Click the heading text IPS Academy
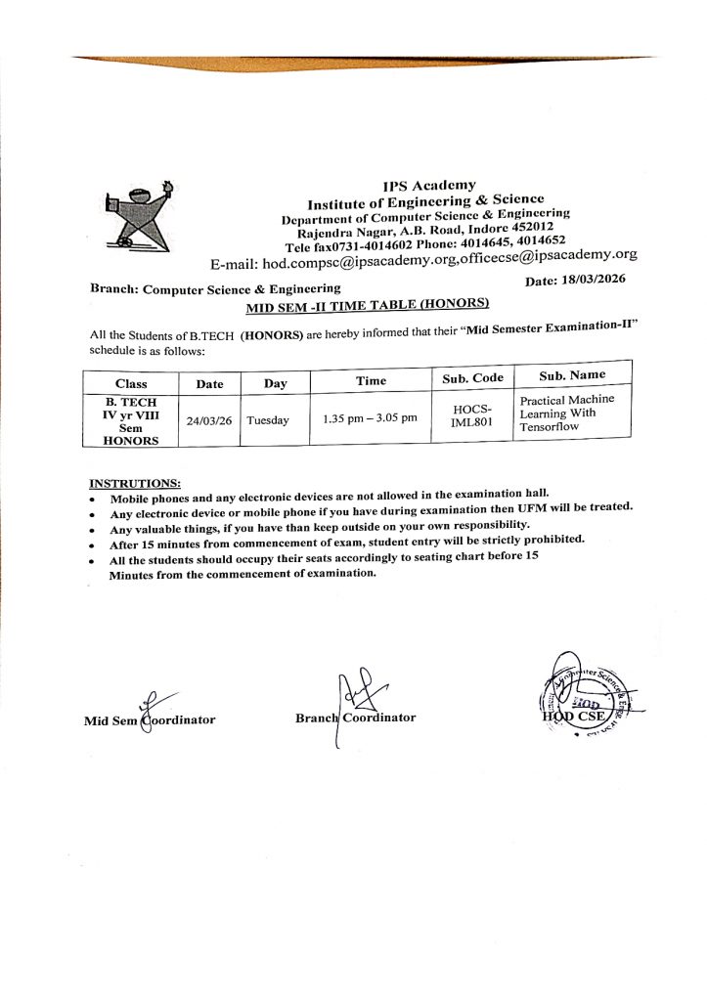click(x=429, y=185)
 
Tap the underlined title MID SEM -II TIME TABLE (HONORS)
click(x=367, y=306)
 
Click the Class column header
click(x=131, y=384)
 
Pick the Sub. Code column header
click(x=473, y=378)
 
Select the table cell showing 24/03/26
click(x=209, y=420)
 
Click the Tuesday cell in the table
click(x=268, y=420)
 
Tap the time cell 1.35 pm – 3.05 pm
click(x=370, y=418)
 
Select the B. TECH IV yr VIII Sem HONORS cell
click(x=131, y=421)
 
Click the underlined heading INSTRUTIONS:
click(x=135, y=483)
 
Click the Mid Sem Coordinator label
click(x=150, y=720)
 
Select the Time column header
click(x=371, y=381)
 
